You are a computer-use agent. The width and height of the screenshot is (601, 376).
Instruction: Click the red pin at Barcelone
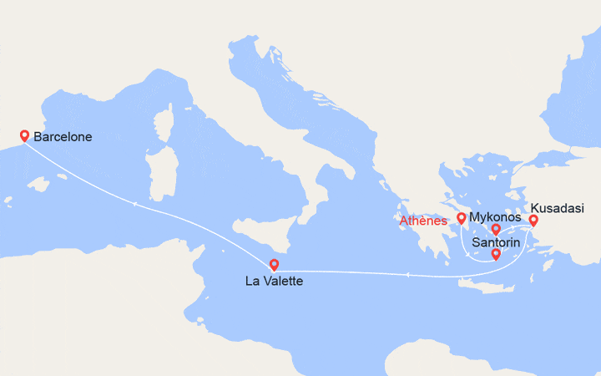click(25, 136)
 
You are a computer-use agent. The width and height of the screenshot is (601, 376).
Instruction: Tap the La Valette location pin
click(275, 265)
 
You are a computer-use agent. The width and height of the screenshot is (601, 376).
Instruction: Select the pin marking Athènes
click(461, 219)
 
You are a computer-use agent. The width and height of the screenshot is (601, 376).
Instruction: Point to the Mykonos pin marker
click(496, 229)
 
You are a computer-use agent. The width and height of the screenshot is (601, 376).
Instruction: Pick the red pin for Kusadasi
click(533, 221)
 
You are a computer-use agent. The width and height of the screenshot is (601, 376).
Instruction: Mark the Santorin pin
click(496, 254)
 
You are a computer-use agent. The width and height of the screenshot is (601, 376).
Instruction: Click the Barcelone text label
click(63, 137)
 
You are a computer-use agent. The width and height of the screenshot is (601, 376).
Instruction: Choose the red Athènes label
click(423, 221)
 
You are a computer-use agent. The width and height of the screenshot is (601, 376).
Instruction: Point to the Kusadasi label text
click(558, 208)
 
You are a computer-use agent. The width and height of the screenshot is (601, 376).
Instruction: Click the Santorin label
click(497, 242)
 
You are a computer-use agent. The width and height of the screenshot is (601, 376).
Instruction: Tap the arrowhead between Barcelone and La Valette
click(134, 203)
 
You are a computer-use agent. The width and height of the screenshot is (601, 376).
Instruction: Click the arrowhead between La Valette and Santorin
click(407, 274)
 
